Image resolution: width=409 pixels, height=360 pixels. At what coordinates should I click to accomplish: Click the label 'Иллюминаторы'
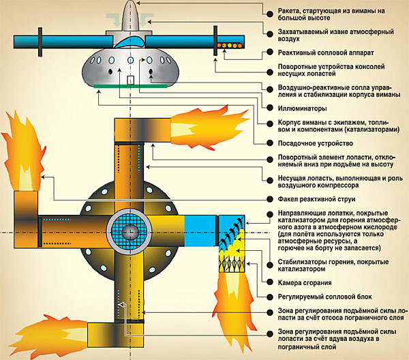pyautogui.click(x=303, y=108)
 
